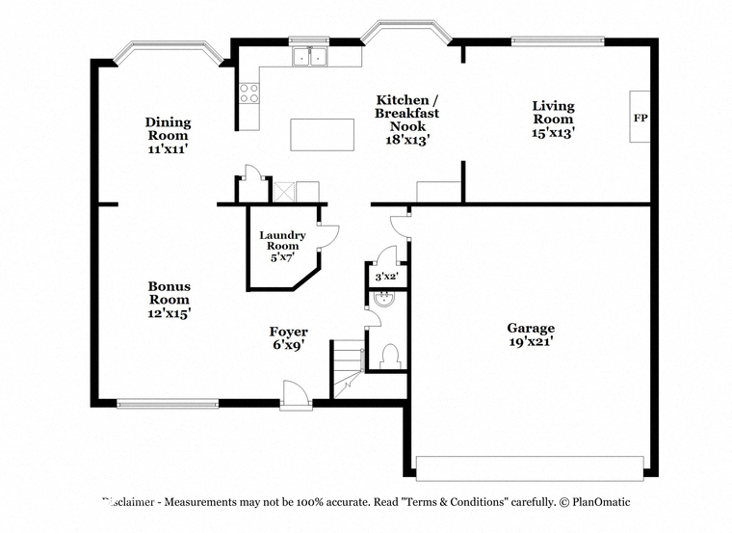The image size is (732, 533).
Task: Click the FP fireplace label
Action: click(640, 118)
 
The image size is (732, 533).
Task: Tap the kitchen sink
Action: click(309, 57)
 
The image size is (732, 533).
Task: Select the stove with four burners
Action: click(248, 93)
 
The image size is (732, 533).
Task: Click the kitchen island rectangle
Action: click(322, 135)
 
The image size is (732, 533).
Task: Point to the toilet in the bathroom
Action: click(390, 357)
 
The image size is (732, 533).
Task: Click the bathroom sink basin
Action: click(384, 299)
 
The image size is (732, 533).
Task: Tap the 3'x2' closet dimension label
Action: click(386, 277)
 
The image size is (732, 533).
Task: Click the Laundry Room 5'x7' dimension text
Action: click(282, 257)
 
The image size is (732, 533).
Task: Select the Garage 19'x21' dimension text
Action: click(532, 342)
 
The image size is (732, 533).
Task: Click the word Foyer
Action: click(289, 332)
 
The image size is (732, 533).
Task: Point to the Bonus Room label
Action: click(169, 293)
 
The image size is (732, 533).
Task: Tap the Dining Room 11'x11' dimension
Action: click(168, 149)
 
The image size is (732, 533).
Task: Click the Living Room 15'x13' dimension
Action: click(553, 133)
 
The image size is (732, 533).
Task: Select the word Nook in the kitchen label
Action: click(408, 126)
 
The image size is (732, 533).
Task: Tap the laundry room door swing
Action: click(328, 238)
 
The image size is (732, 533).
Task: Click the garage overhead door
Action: click(530, 468)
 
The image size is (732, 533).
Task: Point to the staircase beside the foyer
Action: click(348, 369)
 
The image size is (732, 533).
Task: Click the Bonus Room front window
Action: click(168, 403)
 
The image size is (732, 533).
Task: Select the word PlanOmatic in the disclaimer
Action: click(601, 502)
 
